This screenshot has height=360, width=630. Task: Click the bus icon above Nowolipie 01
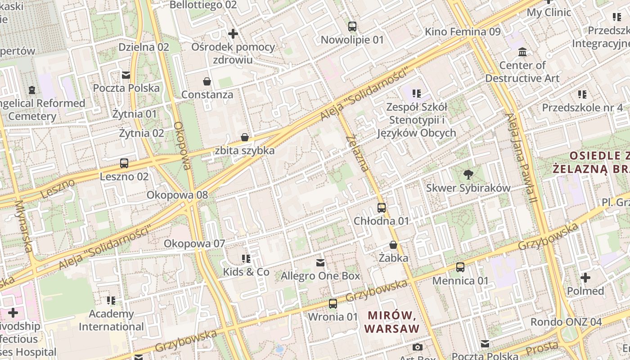[x=352, y=27]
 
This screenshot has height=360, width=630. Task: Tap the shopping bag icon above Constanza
[x=207, y=81]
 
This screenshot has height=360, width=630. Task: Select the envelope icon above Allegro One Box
[x=320, y=262]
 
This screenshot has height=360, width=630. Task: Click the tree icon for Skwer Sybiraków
[x=468, y=175]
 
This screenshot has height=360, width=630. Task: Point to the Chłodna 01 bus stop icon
[x=381, y=208]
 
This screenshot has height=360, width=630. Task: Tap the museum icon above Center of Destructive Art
[x=522, y=52]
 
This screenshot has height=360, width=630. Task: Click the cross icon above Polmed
[x=585, y=278]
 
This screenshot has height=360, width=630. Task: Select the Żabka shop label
[x=393, y=258]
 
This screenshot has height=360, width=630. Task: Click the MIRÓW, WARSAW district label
[x=391, y=322]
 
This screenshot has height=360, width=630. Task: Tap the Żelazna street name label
[x=358, y=153]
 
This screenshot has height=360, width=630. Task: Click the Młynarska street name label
[x=23, y=225]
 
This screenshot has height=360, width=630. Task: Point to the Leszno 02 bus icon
[x=124, y=163]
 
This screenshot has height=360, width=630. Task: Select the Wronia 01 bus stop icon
[x=333, y=304]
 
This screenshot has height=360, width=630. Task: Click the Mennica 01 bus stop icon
[x=460, y=267]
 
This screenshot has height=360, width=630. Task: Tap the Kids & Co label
[x=246, y=272]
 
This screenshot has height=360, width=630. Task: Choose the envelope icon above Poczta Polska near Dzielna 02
[x=126, y=75]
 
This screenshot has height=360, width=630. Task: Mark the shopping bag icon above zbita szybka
[x=244, y=137]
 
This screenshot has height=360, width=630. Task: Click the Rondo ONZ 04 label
[x=566, y=322]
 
